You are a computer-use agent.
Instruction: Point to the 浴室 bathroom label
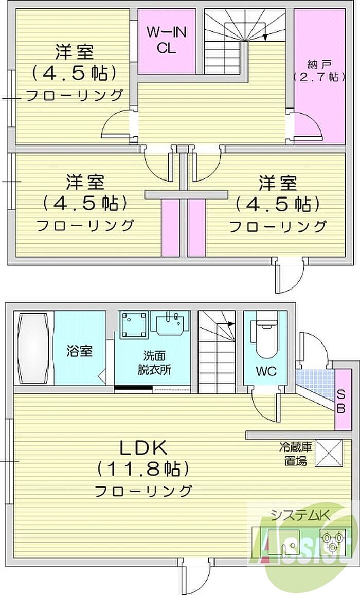[x=79, y=352]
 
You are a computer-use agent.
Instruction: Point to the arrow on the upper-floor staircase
[x=265, y=36]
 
